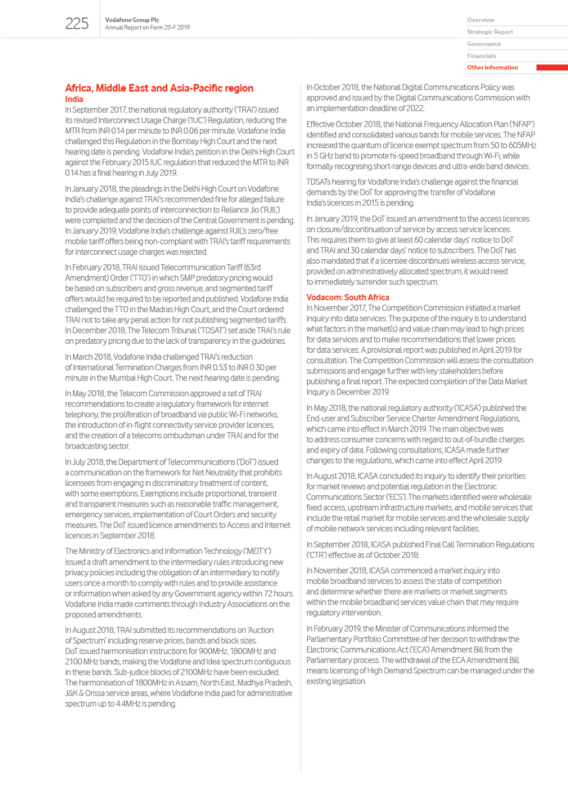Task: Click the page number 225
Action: pyautogui.click(x=77, y=24)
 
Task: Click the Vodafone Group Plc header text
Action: pyautogui.click(x=132, y=20)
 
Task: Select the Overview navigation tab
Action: pyautogui.click(x=480, y=20)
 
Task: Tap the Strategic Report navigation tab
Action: pyautogui.click(x=490, y=32)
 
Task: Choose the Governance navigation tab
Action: pyautogui.click(x=483, y=44)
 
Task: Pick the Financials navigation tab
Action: pyautogui.click(x=481, y=56)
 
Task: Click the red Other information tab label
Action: pyautogui.click(x=492, y=68)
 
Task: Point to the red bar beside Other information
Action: pyautogui.click(x=552, y=68)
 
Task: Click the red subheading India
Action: pyautogui.click(x=74, y=99)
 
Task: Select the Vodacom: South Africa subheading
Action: pyautogui.click(x=347, y=298)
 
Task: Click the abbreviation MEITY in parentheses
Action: pyautogui.click(x=258, y=551)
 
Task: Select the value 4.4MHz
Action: pyautogui.click(x=128, y=704)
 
